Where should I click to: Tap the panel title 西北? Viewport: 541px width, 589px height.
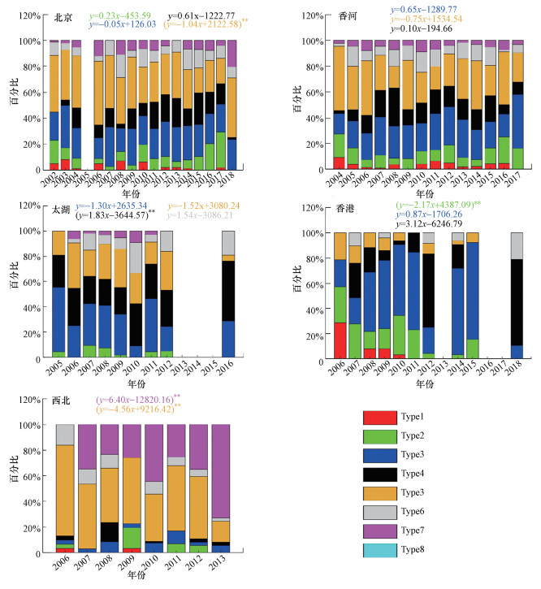tap(63, 401)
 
